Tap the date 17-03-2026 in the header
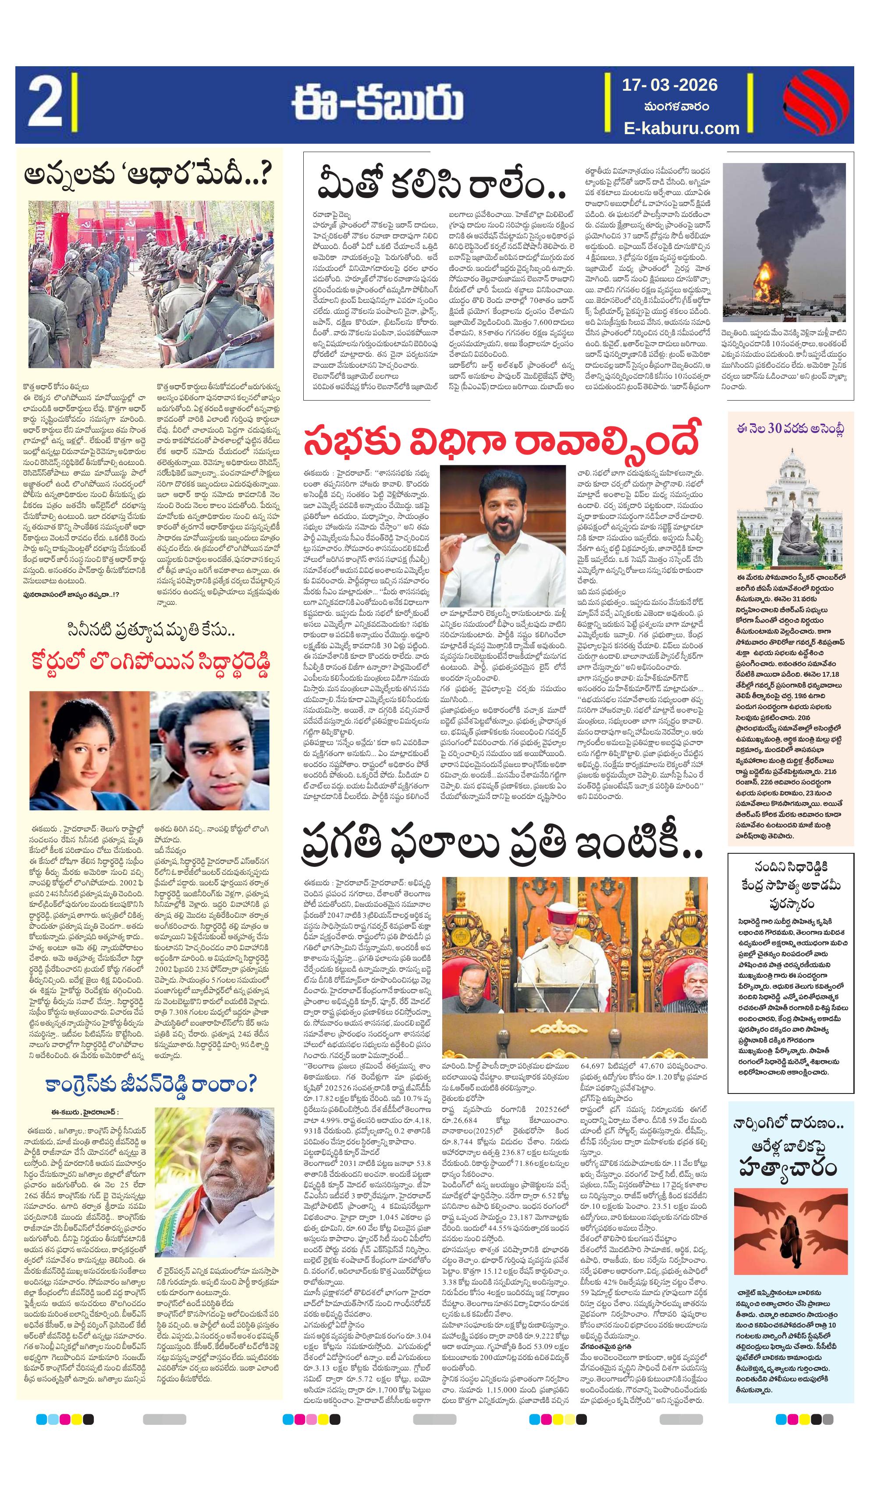(x=669, y=85)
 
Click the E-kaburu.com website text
(x=681, y=128)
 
